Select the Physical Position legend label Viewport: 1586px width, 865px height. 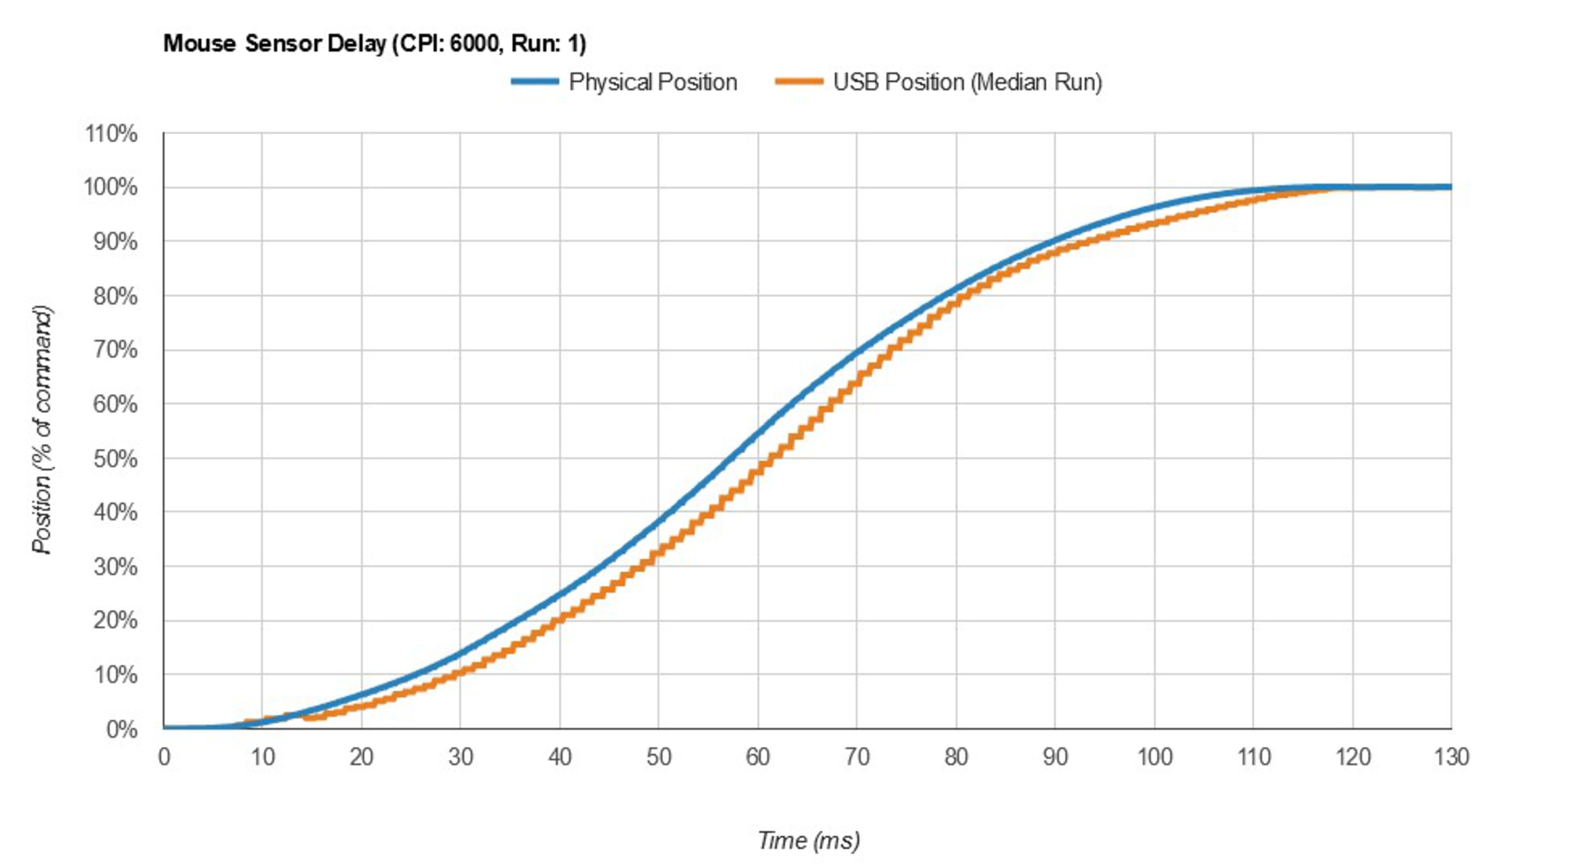pos(653,82)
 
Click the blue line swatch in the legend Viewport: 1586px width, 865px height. pos(534,82)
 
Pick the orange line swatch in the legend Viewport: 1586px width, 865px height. pos(798,82)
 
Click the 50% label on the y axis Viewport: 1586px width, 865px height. pos(115,459)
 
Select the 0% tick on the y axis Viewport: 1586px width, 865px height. pos(121,730)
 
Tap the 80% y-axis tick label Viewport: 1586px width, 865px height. pos(115,297)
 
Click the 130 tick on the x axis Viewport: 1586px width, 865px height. pos(1451,757)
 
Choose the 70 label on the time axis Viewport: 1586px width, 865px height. pos(857,757)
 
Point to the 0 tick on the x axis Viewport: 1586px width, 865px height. pos(164,757)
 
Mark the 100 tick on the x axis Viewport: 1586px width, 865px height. pos(1154,757)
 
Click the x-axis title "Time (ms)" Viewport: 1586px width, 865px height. pos(808,840)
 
